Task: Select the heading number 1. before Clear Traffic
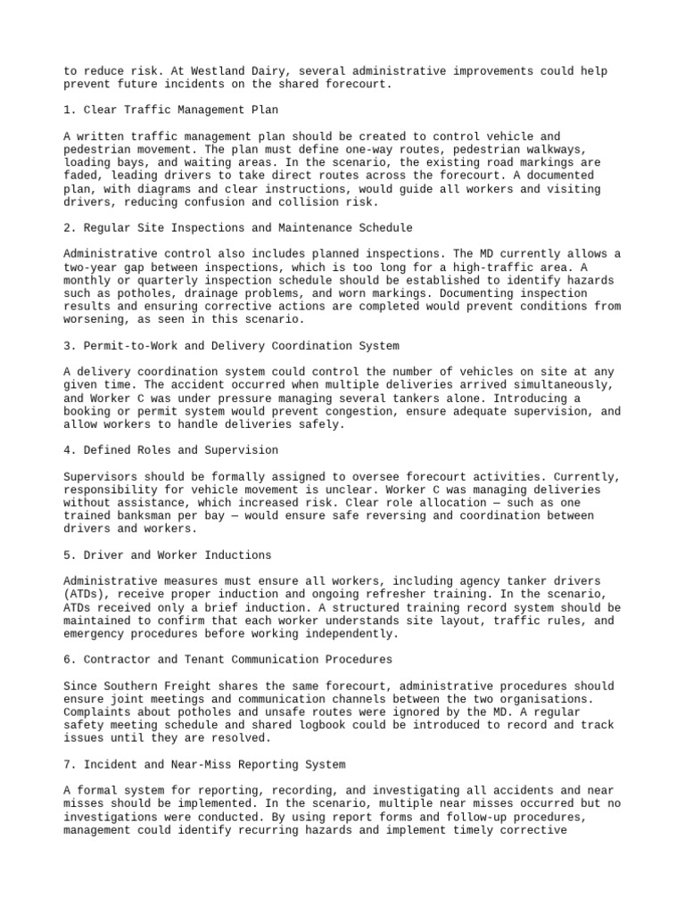70,110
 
